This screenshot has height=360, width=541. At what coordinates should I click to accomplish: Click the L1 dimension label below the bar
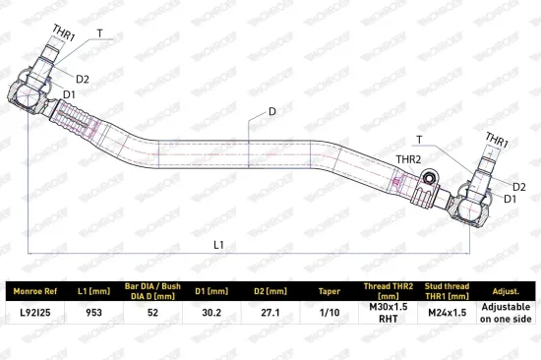pyautogui.click(x=218, y=245)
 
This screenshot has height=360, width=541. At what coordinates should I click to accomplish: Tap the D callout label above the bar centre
pyautogui.click(x=272, y=111)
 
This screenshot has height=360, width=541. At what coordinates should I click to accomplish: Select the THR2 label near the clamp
pyautogui.click(x=408, y=159)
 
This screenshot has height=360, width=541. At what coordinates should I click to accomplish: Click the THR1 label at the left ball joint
pyautogui.click(x=64, y=33)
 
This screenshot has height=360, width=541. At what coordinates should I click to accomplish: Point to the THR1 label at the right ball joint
pyautogui.click(x=497, y=140)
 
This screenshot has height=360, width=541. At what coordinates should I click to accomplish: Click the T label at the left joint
pyautogui.click(x=99, y=33)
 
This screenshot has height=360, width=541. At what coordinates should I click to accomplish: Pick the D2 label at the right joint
pyautogui.click(x=519, y=187)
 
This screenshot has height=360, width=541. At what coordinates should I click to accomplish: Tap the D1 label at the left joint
pyautogui.click(x=69, y=94)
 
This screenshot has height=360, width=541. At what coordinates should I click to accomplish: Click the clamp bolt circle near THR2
pyautogui.click(x=429, y=178)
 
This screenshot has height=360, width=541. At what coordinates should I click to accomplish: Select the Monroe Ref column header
pyautogui.click(x=35, y=291)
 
